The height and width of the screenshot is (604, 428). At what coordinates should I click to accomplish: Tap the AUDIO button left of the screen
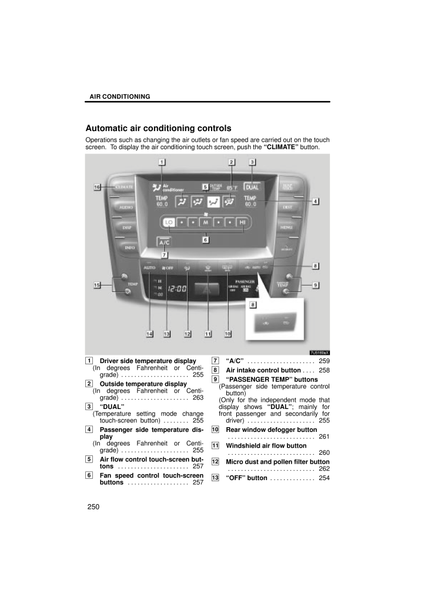pos(125,207)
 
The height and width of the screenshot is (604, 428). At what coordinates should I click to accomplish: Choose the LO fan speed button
pos(169,223)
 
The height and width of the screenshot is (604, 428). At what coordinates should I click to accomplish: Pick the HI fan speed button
pos(242,223)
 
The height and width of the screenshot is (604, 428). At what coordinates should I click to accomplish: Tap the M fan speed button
pos(205,223)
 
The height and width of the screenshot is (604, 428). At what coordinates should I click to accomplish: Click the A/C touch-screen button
pos(165,241)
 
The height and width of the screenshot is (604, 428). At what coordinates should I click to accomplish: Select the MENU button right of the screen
pos(287,227)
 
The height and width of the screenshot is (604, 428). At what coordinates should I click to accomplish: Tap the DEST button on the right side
pos(287,207)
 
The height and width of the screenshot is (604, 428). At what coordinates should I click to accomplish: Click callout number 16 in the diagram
pos(96,187)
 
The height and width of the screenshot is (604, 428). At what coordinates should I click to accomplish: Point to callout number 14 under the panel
pos(150,334)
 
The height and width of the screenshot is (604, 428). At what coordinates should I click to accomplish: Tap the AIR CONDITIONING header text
pos(119,96)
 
